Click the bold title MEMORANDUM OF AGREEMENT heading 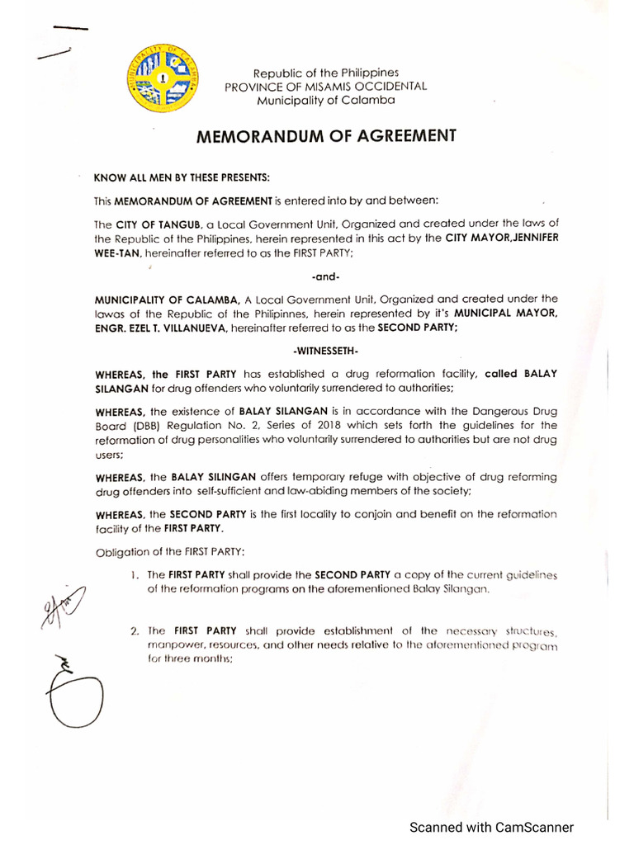coord(325,136)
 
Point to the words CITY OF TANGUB coord(149,224)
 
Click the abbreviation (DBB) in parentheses coord(143,425)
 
